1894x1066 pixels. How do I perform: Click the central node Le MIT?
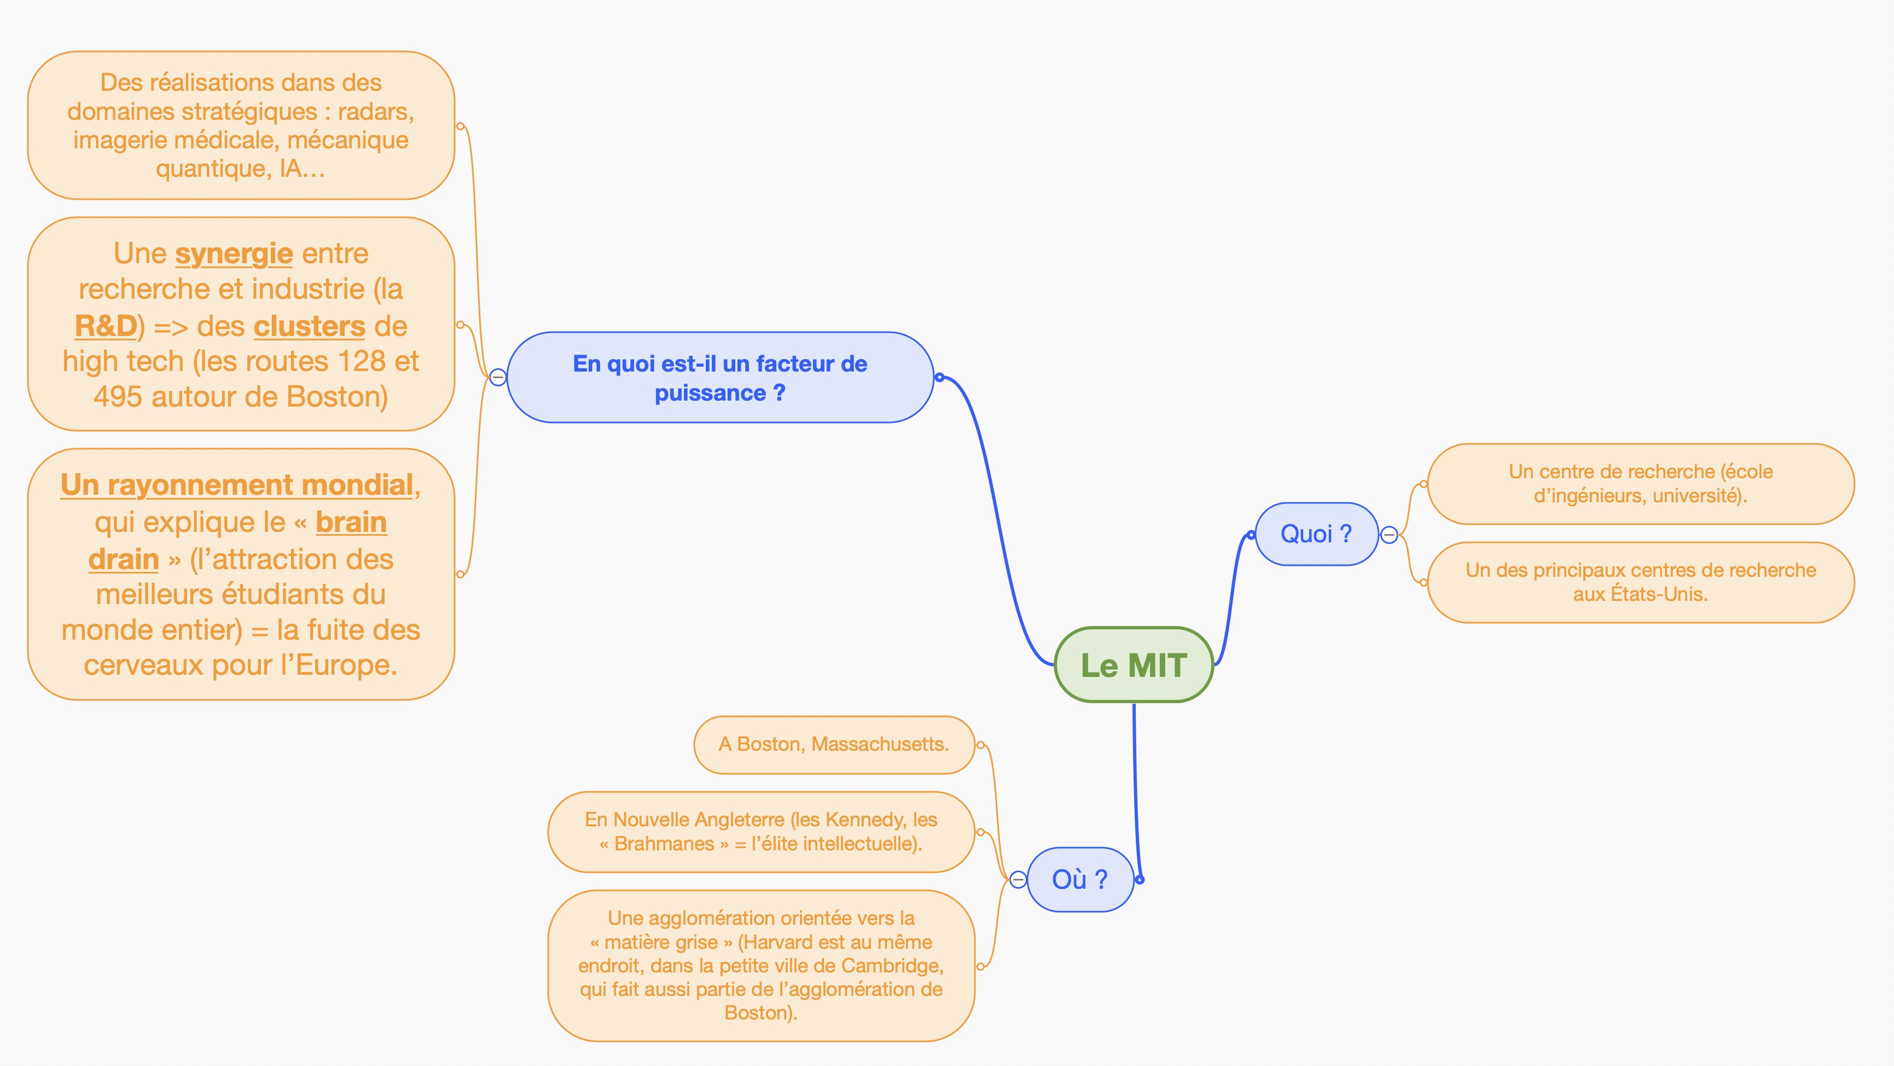[x=1133, y=665]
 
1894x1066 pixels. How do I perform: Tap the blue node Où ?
[x=1079, y=879]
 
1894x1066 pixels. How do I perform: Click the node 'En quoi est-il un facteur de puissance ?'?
[x=720, y=378]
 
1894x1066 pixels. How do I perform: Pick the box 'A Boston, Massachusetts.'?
[x=834, y=745]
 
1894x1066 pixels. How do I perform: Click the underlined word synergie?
[x=234, y=254]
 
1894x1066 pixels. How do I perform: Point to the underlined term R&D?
[x=106, y=326]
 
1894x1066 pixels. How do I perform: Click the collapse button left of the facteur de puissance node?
[x=498, y=378]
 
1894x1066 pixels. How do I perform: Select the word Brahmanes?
[x=664, y=844]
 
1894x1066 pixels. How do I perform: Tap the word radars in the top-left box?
[x=375, y=112]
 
